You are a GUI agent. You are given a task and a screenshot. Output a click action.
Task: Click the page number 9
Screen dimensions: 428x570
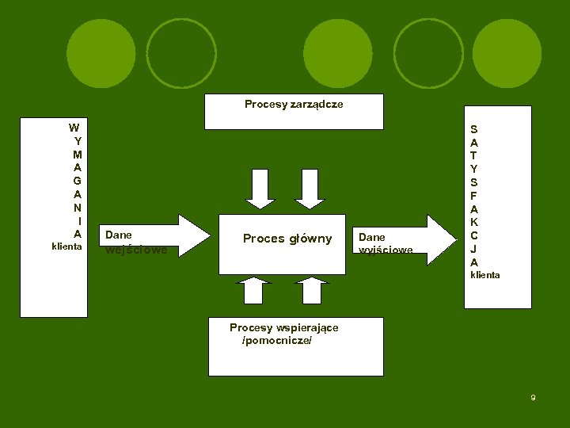coord(533,397)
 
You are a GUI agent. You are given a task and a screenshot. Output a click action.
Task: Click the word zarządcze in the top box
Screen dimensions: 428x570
coord(317,105)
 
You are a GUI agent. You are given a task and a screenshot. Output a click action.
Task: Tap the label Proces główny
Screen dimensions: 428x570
coord(287,239)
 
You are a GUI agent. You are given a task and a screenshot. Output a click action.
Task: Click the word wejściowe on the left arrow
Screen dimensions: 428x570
coord(136,250)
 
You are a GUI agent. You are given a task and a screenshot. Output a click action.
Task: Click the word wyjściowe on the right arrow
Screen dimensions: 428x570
coord(386,250)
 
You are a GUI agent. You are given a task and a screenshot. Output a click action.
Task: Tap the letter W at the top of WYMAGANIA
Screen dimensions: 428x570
coord(74,127)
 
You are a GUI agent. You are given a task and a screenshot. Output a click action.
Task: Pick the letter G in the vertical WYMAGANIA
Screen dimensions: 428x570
coord(77,181)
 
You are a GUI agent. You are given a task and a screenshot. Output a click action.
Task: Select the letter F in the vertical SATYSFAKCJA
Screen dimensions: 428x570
coord(473,195)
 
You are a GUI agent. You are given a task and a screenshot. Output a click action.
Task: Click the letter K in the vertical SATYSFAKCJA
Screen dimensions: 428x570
coord(473,222)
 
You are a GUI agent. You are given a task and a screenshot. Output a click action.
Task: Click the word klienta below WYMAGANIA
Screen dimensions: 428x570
coord(66,246)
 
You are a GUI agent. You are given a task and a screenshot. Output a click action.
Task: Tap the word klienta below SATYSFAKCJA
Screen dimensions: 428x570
coord(484,275)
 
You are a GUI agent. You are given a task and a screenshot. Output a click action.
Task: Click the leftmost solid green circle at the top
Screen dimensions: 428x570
coord(102,54)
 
